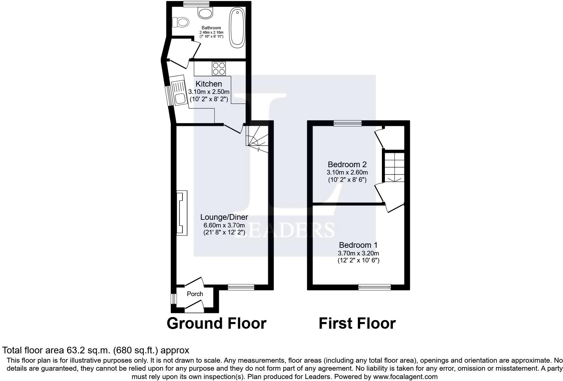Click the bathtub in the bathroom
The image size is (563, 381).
[x=237, y=27]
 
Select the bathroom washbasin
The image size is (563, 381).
[x=205, y=13]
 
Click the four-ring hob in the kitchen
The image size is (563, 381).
[x=219, y=69]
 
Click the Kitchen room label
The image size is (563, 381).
[x=209, y=84]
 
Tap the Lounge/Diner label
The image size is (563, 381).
[x=224, y=217]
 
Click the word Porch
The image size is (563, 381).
[x=195, y=294]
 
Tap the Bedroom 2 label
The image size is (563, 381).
[x=347, y=164]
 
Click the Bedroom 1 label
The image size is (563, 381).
[x=358, y=245]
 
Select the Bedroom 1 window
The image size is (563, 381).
[x=374, y=287]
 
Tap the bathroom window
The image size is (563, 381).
[x=196, y=4]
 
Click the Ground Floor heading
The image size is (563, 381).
[x=216, y=323]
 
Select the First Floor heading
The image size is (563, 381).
[x=357, y=323]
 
